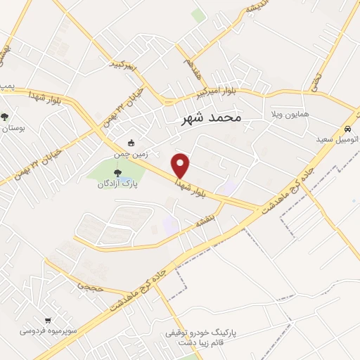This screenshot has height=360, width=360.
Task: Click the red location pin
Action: click(181, 164)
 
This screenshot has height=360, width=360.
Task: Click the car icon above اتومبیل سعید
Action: click(348, 129)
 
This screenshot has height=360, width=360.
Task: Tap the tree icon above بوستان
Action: click(5, 117)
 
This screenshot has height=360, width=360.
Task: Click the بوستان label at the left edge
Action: click(13, 129)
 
